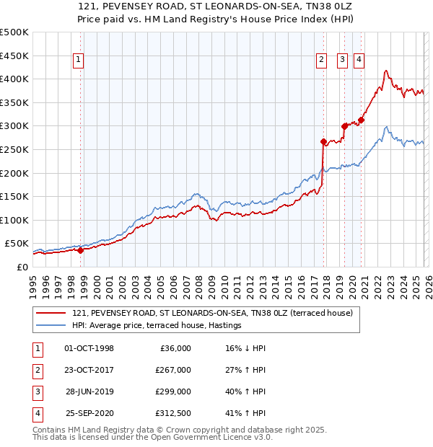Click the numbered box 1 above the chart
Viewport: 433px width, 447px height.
pos(78,61)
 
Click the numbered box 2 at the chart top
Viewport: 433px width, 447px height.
pos(322,61)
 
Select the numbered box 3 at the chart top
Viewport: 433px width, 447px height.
pos(342,61)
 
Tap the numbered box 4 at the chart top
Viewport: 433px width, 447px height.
pos(359,61)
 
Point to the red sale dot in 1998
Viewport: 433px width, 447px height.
pos(80,250)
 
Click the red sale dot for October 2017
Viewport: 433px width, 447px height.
pos(323,141)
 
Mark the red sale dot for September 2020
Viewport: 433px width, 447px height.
pos(361,120)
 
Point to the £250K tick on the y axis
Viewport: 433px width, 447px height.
pos(14,149)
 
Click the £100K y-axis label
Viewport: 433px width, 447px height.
pos(14,220)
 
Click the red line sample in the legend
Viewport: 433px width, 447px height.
pos(51,314)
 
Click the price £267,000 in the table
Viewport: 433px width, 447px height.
pos(173,370)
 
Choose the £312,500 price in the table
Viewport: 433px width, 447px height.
pos(173,413)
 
